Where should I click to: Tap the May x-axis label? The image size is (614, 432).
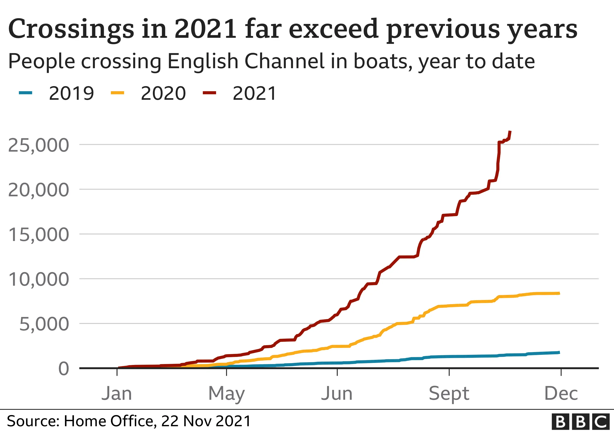point(226,394)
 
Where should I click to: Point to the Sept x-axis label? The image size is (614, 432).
point(449,394)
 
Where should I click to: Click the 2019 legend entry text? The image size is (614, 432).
point(71,93)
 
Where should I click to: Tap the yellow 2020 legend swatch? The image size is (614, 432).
point(117,93)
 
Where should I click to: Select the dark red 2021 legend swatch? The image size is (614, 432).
point(209,93)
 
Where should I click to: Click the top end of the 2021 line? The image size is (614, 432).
point(510,132)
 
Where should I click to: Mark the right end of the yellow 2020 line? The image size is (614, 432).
point(559,293)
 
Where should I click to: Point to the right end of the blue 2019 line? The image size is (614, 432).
point(559,353)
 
